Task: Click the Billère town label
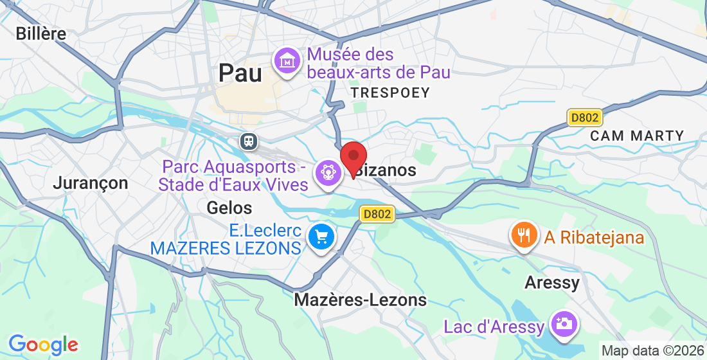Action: (41, 33)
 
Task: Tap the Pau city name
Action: (240, 73)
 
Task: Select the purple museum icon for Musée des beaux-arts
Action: (287, 61)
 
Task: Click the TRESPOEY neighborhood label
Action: (390, 93)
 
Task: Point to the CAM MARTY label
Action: (637, 136)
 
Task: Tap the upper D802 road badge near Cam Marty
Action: (584, 118)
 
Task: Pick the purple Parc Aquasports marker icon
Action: (328, 172)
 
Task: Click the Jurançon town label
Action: (91, 183)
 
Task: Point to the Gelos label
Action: (229, 208)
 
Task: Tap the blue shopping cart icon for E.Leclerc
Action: (321, 237)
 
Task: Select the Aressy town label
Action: (552, 282)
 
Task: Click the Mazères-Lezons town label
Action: (360, 300)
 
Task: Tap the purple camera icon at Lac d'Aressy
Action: (563, 323)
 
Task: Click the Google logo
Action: (43, 345)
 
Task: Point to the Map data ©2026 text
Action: (652, 351)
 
